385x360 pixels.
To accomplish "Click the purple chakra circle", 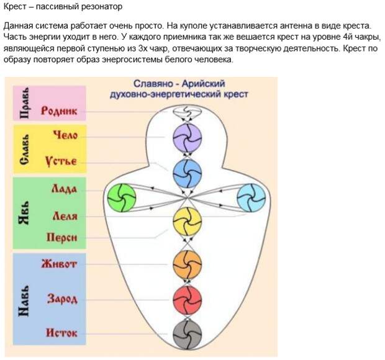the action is click(x=187, y=138).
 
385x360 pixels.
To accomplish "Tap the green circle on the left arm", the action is click(x=122, y=197).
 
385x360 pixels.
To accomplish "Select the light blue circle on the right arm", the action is click(x=251, y=198).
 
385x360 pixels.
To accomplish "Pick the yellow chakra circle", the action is click(x=187, y=222).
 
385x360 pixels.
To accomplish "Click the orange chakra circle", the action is click(x=187, y=264).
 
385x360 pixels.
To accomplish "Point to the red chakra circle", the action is click(x=187, y=300).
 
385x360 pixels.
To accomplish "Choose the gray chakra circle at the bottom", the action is click(x=187, y=334).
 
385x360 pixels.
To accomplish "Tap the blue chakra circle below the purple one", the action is click(x=187, y=174).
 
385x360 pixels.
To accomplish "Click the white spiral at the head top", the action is click(x=187, y=112).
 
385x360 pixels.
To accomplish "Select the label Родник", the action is click(x=59, y=110).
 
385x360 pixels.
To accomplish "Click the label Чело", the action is click(x=66, y=135).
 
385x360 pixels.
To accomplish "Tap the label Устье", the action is click(x=61, y=161).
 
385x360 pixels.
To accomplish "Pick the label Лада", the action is click(x=64, y=189).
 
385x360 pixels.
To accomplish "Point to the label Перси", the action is click(x=62, y=237).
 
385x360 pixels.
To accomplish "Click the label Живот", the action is click(x=59, y=264).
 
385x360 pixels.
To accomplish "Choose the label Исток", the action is click(x=61, y=333).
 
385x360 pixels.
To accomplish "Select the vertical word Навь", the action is click(x=24, y=301).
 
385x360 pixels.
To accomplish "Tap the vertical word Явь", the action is click(x=24, y=214).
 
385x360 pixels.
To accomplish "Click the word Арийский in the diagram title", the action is click(x=203, y=84).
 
